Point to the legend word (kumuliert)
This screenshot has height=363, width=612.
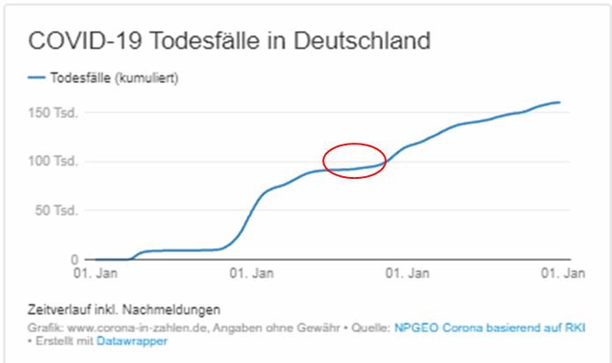152,78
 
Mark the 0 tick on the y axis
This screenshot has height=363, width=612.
76,260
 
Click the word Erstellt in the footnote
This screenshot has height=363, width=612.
54,341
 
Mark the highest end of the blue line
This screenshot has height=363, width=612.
559,102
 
